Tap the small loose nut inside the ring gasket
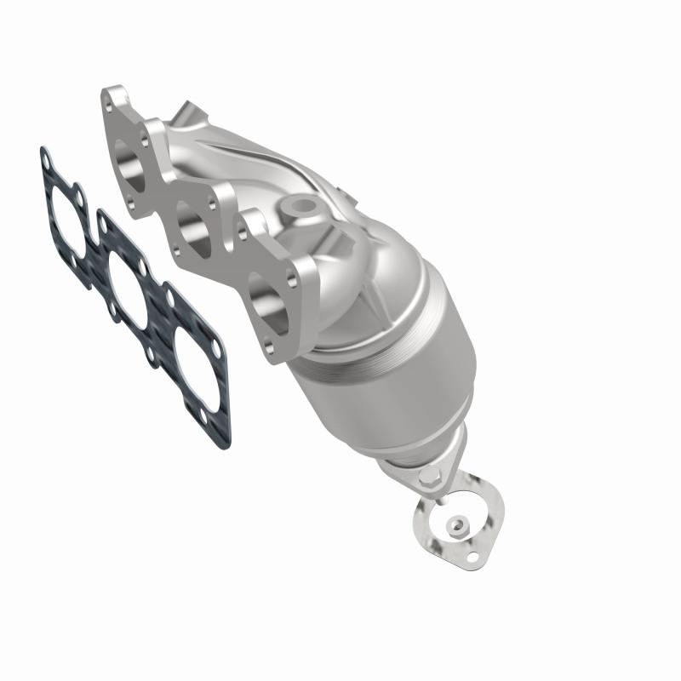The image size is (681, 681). tap(458, 524)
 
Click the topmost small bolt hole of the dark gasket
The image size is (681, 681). tap(43, 155)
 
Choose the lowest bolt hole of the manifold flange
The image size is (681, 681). tap(272, 348)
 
